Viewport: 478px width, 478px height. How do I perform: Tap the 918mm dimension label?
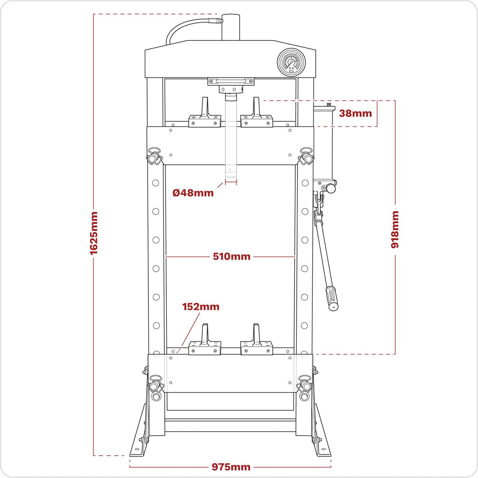click(x=395, y=229)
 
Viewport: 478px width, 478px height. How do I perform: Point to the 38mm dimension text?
click(x=355, y=113)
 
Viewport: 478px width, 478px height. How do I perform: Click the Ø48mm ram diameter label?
click(x=193, y=193)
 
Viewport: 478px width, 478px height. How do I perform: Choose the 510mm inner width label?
click(x=231, y=257)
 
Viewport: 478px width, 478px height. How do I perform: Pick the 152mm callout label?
click(x=201, y=307)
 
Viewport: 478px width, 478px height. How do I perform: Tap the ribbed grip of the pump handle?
click(x=331, y=297)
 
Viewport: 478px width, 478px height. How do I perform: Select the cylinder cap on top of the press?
click(x=231, y=27)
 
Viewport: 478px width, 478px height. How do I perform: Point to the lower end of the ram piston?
click(x=231, y=171)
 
